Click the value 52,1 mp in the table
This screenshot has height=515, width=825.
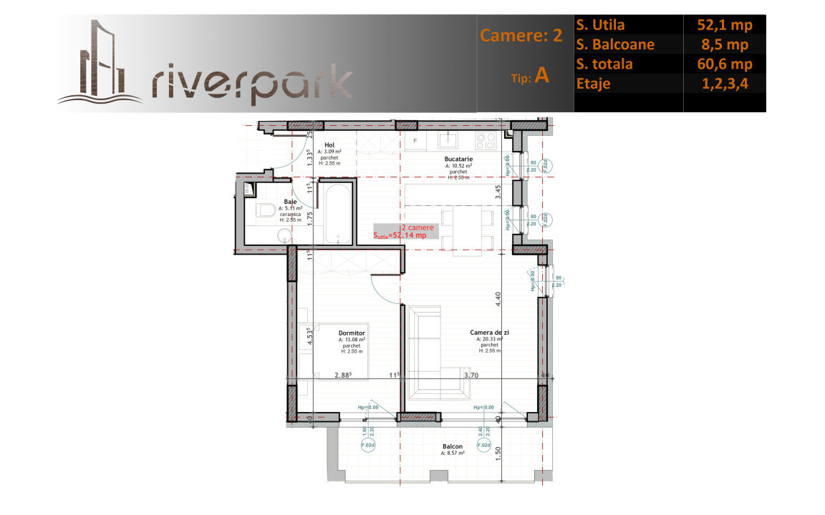click(724, 25)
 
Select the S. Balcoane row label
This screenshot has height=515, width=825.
click(614, 44)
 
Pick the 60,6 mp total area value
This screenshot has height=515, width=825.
click(724, 64)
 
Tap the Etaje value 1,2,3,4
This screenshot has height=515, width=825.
click(724, 84)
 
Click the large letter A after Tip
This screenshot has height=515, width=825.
click(542, 77)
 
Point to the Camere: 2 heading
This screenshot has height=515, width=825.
click(521, 36)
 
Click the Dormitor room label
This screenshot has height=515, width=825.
click(352, 333)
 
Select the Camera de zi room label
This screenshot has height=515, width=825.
click(489, 333)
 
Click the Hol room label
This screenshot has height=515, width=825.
click(329, 145)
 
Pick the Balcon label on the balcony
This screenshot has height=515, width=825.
click(452, 447)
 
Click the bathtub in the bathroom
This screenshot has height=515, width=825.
click(337, 215)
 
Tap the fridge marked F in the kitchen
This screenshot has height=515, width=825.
click(415, 140)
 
